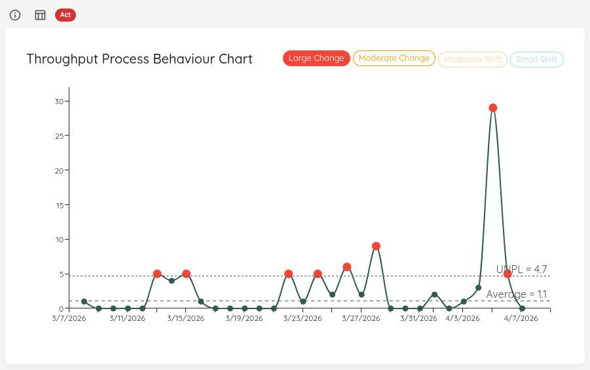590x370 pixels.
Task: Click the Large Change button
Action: tap(316, 58)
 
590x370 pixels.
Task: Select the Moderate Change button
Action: tap(394, 58)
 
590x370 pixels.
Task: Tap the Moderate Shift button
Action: tap(472, 60)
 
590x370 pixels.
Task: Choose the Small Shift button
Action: tap(536, 60)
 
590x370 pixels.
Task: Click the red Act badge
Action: tap(65, 14)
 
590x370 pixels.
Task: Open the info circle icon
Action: tap(15, 15)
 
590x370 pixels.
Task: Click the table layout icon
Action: tap(40, 15)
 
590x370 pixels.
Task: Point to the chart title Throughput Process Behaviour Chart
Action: tap(139, 59)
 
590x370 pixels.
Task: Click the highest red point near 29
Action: tap(492, 108)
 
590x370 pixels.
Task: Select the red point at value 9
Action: tap(376, 246)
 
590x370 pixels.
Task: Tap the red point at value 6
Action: tap(347, 267)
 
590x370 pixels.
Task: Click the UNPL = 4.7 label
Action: tap(521, 269)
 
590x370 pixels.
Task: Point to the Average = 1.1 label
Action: tap(517, 295)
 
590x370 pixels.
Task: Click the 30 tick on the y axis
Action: tap(59, 102)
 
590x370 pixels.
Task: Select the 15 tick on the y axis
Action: tap(59, 205)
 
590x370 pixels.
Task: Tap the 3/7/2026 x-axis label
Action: tap(68, 319)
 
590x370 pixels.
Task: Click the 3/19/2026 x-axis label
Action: tap(244, 319)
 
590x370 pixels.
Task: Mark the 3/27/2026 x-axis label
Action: tap(361, 319)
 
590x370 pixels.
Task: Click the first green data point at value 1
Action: tap(84, 301)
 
